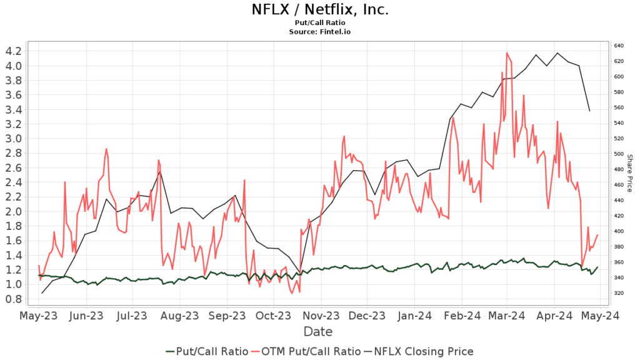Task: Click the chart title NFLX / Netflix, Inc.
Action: [x=319, y=9]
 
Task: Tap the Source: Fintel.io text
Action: [x=319, y=31]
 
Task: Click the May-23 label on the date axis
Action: [x=39, y=316]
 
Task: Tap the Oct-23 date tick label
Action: [x=272, y=316]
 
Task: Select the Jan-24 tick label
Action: [x=415, y=316]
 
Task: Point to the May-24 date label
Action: [x=601, y=316]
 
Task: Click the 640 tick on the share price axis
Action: [x=619, y=46]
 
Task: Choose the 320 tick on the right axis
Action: [x=619, y=293]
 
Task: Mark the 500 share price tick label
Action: [x=619, y=154]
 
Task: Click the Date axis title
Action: [x=318, y=332]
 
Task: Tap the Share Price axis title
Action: [x=630, y=173]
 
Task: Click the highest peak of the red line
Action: [x=506, y=53]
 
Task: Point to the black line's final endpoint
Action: [x=589, y=111]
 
